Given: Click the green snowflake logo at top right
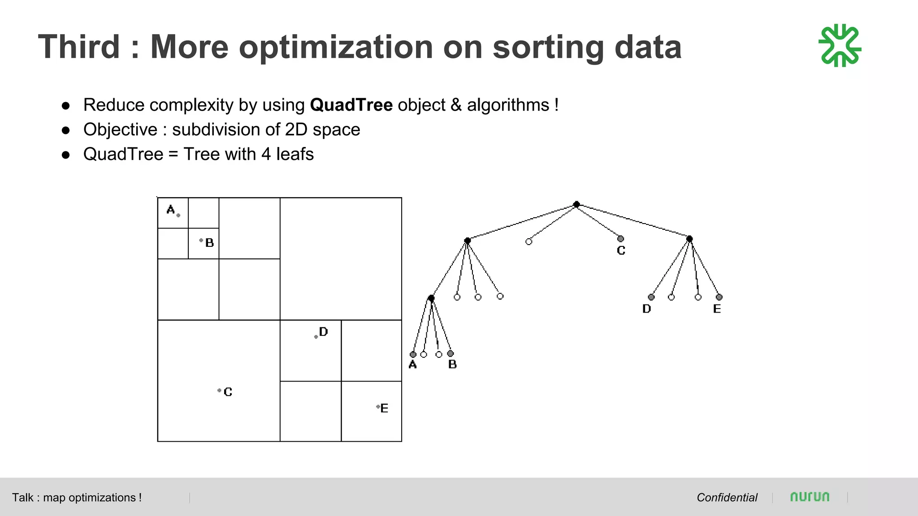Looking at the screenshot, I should (840, 46).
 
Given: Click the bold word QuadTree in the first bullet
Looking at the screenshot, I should (351, 105).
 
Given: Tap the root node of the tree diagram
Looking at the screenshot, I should (576, 204).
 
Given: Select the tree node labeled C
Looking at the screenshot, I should (620, 239).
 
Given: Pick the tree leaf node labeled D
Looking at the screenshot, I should (651, 297).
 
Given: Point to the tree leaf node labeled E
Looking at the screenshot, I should (719, 297).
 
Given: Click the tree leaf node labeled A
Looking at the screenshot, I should (413, 354).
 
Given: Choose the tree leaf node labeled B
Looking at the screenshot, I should (450, 354).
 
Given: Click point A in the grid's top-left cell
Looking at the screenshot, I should (178, 215).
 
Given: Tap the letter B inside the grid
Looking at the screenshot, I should (209, 243).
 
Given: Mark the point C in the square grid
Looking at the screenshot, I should (219, 391).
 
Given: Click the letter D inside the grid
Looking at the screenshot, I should (323, 332).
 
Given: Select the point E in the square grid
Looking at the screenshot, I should (378, 407).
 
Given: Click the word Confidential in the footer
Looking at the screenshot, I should (727, 498).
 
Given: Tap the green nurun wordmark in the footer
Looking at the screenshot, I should (810, 497).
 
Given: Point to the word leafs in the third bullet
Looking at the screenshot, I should (294, 154).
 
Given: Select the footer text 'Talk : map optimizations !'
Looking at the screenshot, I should (77, 498).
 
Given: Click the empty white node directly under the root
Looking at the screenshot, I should (529, 242).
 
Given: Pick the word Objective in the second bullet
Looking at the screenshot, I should (120, 129).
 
